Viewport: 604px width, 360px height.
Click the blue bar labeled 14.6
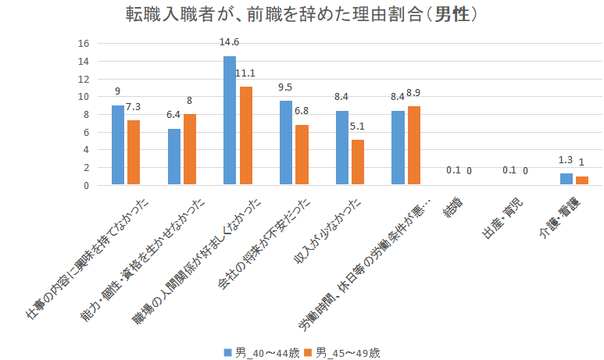click(x=230, y=120)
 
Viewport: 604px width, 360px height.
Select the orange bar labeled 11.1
click(x=246, y=136)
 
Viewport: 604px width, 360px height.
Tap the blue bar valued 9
click(x=118, y=145)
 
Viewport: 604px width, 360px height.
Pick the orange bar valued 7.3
click(x=134, y=153)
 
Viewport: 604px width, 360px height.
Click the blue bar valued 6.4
click(x=174, y=157)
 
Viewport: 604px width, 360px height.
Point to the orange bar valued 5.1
click(x=358, y=162)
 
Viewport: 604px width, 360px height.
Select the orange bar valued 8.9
click(x=414, y=146)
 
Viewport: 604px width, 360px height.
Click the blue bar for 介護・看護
click(x=566, y=180)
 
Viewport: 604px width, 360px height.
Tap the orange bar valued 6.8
click(x=302, y=155)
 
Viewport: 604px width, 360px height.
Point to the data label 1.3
click(x=566, y=159)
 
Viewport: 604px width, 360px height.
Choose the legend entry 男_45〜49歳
click(x=344, y=352)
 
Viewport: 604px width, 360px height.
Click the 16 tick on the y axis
click(x=84, y=44)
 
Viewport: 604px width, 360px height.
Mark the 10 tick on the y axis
click(x=84, y=97)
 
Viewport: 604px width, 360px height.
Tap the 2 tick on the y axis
click(x=87, y=168)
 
